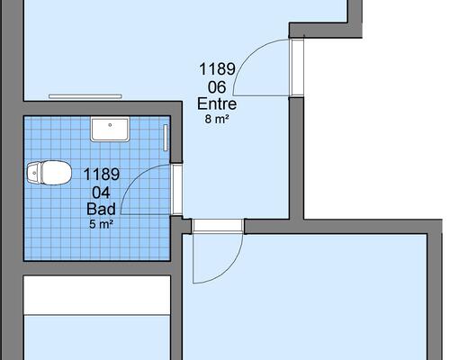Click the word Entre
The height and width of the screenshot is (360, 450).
(x=217, y=104)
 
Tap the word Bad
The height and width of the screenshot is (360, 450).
(x=101, y=209)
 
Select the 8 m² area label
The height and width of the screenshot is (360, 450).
(x=217, y=119)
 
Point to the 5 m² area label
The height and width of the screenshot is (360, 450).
(x=101, y=224)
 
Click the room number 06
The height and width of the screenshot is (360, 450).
(x=217, y=87)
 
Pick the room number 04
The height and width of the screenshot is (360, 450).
(x=101, y=193)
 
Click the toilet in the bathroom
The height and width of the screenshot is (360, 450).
(x=49, y=173)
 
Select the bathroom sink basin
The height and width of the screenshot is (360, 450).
(x=110, y=129)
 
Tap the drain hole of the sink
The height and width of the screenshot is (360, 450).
(x=110, y=125)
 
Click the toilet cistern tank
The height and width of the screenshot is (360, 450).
(x=33, y=173)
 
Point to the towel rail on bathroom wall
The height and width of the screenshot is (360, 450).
(x=165, y=138)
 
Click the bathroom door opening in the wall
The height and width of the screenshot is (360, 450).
(x=177, y=189)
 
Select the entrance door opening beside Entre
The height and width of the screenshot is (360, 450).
(x=296, y=67)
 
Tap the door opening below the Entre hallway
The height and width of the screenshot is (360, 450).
(x=218, y=226)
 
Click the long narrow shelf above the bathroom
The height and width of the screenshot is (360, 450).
(x=85, y=96)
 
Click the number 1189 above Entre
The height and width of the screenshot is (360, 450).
(x=217, y=68)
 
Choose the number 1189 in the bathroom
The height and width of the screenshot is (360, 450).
(x=102, y=175)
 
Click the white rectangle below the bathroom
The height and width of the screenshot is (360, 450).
(x=97, y=295)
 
